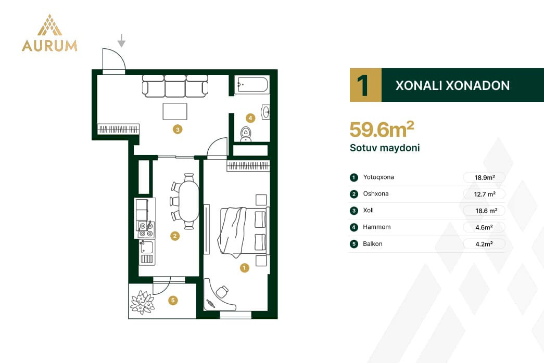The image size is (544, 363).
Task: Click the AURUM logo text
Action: (49, 46)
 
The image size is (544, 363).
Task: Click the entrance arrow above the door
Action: (121, 41)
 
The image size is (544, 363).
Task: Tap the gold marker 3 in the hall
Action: (178, 129)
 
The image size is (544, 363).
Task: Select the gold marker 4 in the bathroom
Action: (250, 118)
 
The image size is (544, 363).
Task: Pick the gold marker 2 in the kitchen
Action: (175, 236)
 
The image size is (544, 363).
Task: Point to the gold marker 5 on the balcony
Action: (173, 300)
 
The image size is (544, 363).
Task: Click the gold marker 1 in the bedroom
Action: (245, 268)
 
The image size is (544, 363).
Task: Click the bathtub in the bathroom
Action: (252, 85)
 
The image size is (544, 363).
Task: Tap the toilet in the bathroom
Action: (246, 134)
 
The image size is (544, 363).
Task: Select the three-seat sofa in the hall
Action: (175, 86)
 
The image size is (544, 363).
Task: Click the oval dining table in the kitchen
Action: (189, 202)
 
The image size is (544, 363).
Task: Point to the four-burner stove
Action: (146, 229)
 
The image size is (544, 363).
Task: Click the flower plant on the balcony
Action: (142, 302)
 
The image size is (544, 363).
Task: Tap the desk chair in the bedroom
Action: (222, 291)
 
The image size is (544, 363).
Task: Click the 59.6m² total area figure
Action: (382, 129)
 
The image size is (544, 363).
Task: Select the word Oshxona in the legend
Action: (376, 194)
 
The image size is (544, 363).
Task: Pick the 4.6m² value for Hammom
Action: (484, 227)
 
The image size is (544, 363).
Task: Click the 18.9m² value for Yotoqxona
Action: (485, 177)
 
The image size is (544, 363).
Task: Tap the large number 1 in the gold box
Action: (363, 85)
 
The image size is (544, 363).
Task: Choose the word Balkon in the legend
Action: (373, 244)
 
